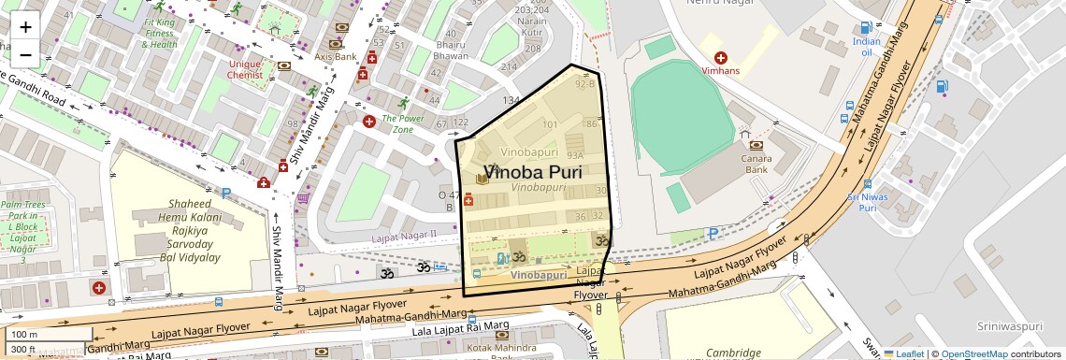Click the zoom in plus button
tap(25, 27)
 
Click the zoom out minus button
tap(25, 55)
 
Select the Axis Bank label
tap(336, 57)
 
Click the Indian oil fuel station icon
tap(867, 27)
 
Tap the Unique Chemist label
tap(246, 69)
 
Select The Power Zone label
tap(401, 123)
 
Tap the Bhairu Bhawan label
tap(451, 50)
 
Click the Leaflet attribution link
tap(904, 353)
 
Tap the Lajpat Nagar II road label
tap(405, 236)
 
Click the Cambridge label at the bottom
tap(733, 353)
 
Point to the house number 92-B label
tap(585, 84)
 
